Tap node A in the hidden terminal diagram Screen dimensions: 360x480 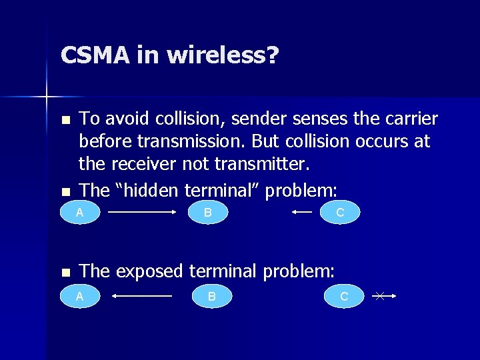coord(79,213)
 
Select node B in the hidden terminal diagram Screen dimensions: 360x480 coord(208,213)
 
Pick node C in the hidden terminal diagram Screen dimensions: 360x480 coord(340,213)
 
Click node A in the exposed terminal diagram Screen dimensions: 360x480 coord(79,296)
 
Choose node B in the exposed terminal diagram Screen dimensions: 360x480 coord(212,296)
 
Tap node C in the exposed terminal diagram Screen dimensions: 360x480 coord(344,296)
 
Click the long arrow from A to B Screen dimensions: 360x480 coord(141,213)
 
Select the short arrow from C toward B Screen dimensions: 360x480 coord(301,213)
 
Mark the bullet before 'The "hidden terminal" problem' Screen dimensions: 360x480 coord(65,192)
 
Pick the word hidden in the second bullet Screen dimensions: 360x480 coord(148,191)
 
